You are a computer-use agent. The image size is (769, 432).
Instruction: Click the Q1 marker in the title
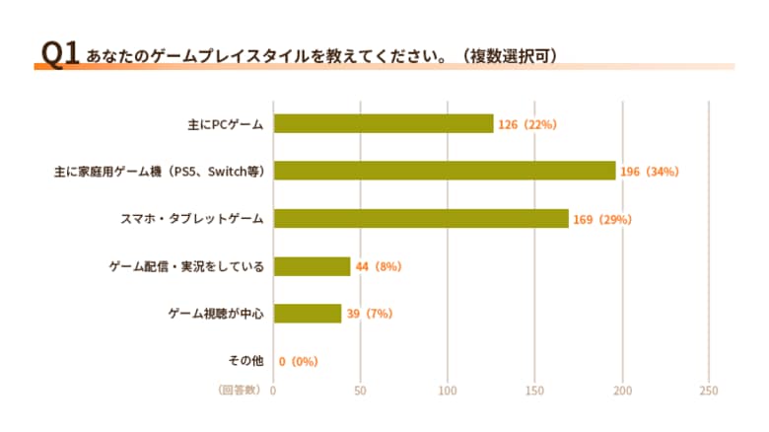[58, 54]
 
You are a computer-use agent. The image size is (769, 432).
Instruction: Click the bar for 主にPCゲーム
[384, 123]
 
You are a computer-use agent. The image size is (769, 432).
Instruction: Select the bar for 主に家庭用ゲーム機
[445, 171]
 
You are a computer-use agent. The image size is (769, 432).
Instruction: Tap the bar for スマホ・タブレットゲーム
[421, 218]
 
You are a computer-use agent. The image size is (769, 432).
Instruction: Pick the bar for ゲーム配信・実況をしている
[312, 266]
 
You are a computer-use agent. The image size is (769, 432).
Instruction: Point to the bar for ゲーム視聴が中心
[308, 314]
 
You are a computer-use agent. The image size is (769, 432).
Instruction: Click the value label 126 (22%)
[528, 124]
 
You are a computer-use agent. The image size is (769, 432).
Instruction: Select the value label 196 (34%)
[651, 172]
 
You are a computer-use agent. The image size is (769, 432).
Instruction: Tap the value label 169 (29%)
[602, 219]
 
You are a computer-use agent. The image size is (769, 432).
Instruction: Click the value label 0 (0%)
[299, 362]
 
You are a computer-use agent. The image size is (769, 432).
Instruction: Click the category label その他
[245, 361]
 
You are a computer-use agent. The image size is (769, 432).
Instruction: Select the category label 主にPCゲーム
[225, 124]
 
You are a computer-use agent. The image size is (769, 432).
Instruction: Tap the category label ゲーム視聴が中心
[216, 314]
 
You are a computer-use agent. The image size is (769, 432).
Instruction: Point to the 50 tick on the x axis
[360, 391]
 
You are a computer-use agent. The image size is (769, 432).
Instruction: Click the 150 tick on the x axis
[534, 391]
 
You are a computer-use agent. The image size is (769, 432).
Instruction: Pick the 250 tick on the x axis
[708, 391]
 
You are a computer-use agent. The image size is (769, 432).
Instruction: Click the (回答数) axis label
[240, 391]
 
